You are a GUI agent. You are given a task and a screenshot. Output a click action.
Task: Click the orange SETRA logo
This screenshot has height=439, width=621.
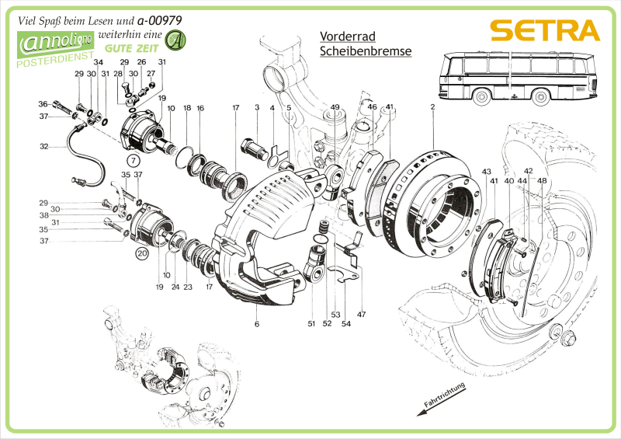pos(546,30)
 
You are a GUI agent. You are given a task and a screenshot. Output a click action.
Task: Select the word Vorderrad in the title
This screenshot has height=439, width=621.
pos(346,36)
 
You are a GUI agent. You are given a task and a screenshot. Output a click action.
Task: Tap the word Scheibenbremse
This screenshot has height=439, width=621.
pos(365,51)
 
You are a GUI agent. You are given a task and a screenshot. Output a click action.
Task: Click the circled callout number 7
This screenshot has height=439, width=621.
pos(133,160)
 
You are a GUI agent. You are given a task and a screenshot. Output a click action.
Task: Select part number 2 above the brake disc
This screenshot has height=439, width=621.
pos(432,106)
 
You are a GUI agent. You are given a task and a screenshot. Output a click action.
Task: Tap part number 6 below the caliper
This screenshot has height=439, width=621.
pos(256,323)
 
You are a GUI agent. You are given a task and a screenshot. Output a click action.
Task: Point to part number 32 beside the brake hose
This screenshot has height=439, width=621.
pos(44,145)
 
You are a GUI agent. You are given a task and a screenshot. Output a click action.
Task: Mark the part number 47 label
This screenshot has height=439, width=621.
pos(361,314)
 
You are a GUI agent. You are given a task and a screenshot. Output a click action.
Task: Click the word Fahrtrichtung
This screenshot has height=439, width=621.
pos(444,395)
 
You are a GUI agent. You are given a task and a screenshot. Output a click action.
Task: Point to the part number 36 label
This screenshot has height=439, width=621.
pos(43,103)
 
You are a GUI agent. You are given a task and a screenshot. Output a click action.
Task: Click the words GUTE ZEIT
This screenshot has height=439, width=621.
pos(134,48)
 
